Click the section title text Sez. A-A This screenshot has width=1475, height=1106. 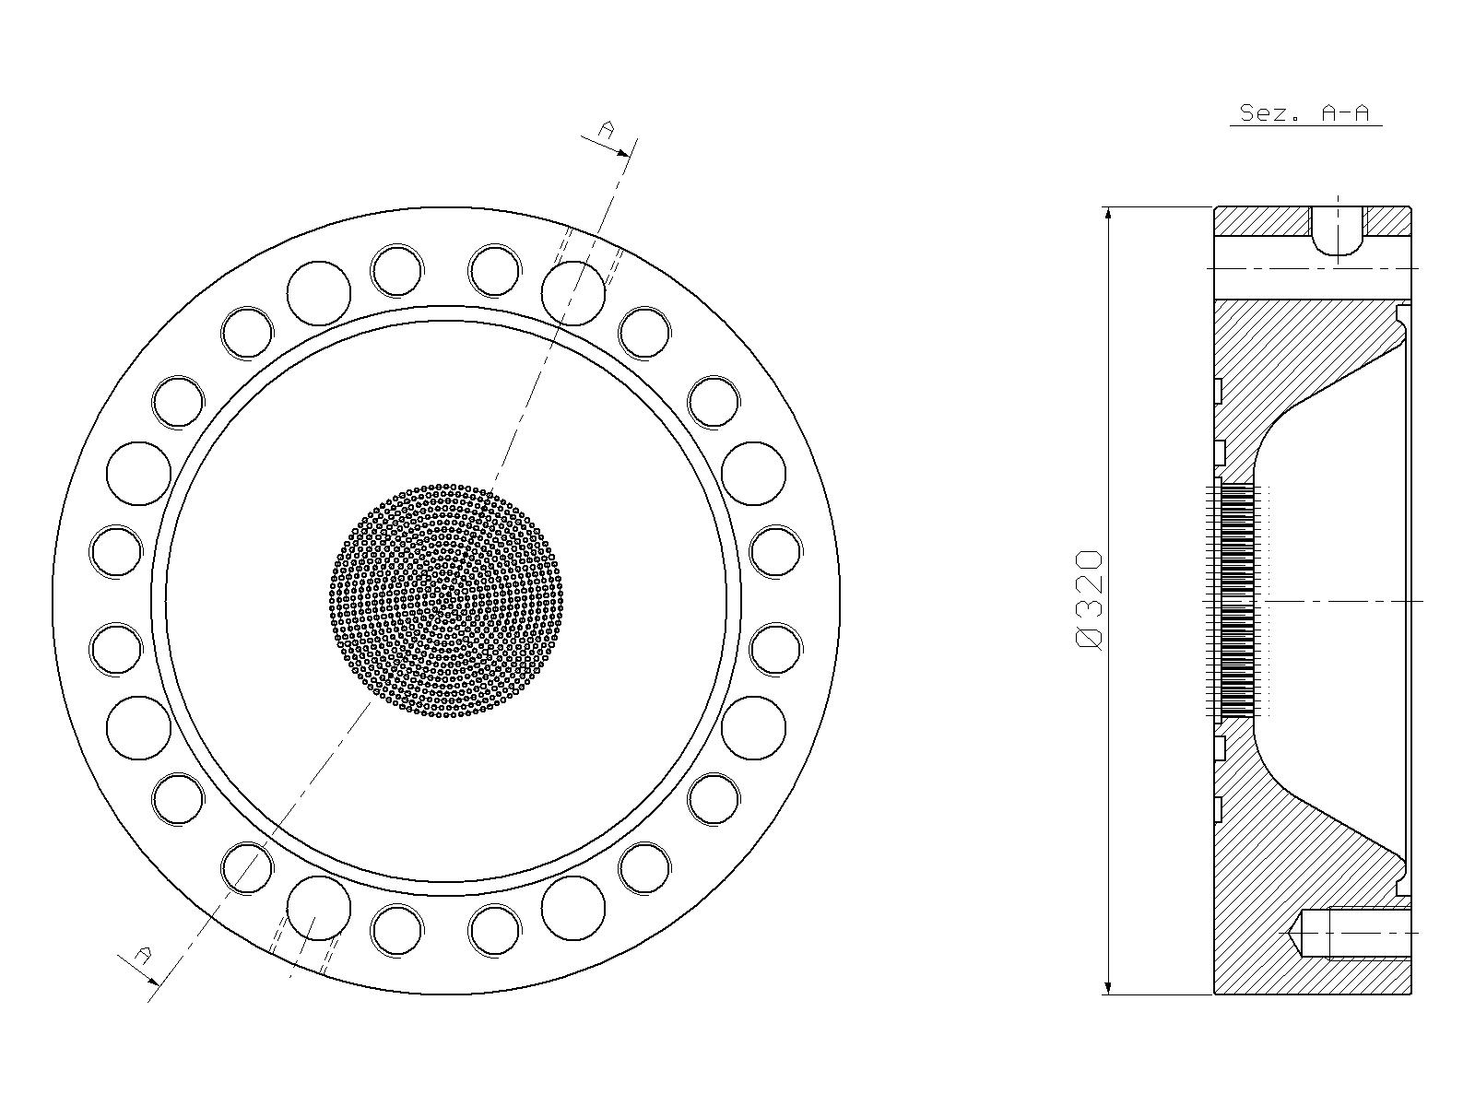click(x=1304, y=112)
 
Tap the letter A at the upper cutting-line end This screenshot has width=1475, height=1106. click(x=606, y=129)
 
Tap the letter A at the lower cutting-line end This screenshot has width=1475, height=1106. click(x=143, y=954)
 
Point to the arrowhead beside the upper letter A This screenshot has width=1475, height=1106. click(x=622, y=152)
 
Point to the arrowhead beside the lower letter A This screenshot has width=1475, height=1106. click(x=152, y=980)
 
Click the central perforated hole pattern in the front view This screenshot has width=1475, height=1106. click(x=445, y=600)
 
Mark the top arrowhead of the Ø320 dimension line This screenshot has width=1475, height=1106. click(x=1108, y=215)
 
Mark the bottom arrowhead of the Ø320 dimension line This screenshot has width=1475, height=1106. click(x=1108, y=986)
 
